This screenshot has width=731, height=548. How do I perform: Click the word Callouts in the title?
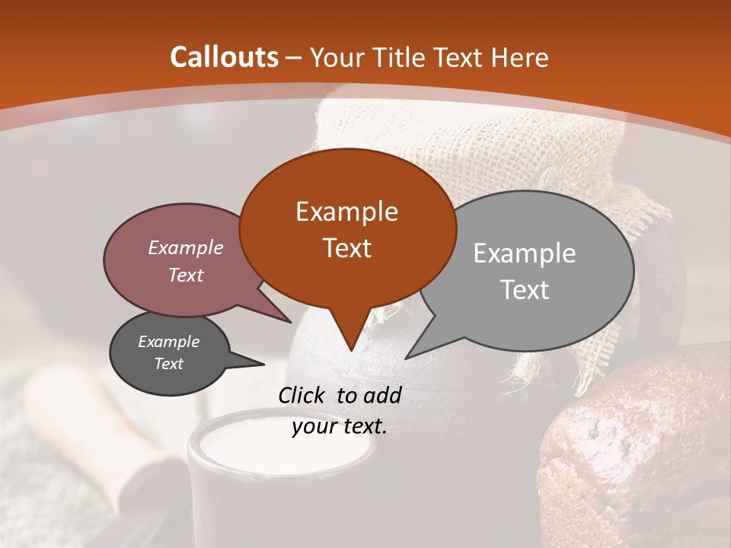click(x=224, y=57)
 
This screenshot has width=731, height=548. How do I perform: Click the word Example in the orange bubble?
click(x=346, y=212)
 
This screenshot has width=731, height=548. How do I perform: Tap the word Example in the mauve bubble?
click(x=186, y=247)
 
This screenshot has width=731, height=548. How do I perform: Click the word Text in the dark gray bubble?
click(x=168, y=364)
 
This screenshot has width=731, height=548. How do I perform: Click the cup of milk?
click(x=282, y=457)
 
